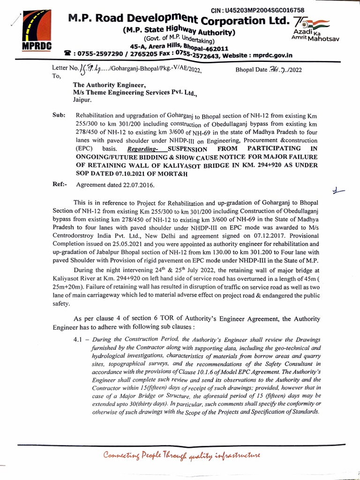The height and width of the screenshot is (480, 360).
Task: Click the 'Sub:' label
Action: coord(59,115)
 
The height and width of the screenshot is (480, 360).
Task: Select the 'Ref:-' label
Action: coord(60,184)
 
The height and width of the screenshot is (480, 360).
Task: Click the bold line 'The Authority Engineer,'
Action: coord(109,85)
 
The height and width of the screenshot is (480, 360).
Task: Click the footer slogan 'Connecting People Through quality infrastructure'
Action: coord(182,455)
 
